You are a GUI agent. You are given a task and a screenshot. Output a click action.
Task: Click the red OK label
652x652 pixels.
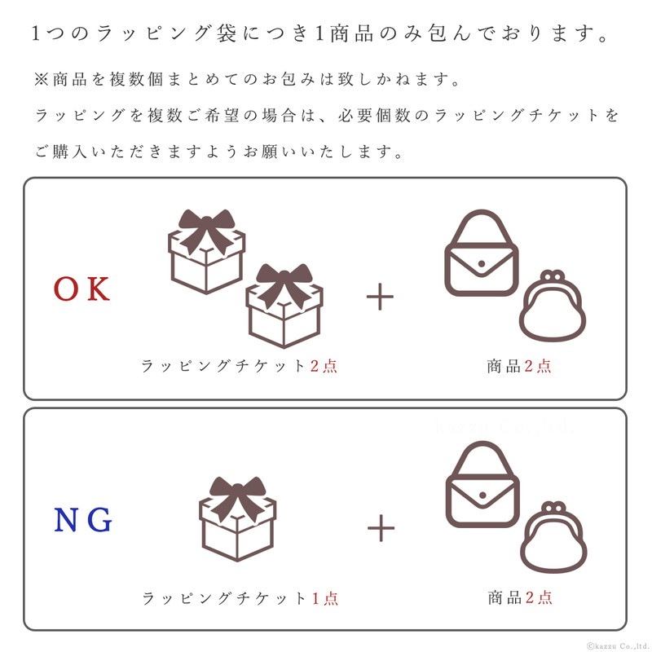coord(82,289)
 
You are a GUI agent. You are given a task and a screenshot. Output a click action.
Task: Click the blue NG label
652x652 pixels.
coord(83,520)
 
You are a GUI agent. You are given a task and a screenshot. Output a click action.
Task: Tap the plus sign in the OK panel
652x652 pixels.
coord(380,297)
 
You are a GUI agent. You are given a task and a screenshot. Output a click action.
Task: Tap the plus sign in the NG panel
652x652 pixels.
coord(381,528)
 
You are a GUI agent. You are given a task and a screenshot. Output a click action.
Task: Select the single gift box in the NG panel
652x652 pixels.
coord(237,518)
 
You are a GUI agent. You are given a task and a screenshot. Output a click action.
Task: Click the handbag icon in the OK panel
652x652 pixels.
coord(482,253)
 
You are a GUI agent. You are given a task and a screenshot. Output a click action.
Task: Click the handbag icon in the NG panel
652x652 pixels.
coord(482,484)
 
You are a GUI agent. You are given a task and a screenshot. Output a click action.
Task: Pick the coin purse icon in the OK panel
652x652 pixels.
coord(553,306)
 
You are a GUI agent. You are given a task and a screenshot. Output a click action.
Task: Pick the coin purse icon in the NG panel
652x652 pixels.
coord(553,538)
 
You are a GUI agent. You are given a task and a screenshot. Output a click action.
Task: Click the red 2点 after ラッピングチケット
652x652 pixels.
coord(324,366)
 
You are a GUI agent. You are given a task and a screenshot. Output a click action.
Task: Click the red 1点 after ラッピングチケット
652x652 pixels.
coord(324,598)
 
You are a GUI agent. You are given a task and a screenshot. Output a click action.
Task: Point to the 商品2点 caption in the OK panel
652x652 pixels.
coord(519,366)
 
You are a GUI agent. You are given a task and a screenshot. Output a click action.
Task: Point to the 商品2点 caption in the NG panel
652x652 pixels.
coord(520,597)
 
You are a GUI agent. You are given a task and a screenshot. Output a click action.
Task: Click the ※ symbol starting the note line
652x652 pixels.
coord(42,79)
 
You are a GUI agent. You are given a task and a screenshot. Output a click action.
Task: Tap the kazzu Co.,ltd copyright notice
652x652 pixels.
coord(619,645)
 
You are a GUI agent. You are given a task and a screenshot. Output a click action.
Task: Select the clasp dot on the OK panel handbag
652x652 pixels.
coord(482,263)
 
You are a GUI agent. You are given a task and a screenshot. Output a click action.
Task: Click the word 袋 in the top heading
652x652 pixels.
coord(227,33)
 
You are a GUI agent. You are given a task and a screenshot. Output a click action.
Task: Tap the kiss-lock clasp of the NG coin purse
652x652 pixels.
coord(553,508)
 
